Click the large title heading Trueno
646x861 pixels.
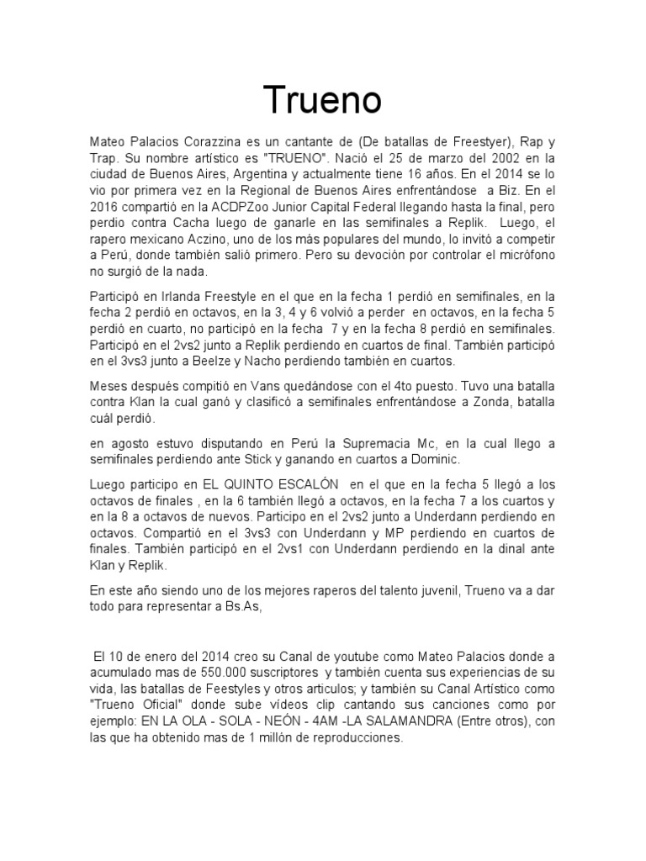coord(324,100)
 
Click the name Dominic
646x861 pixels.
coord(435,459)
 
